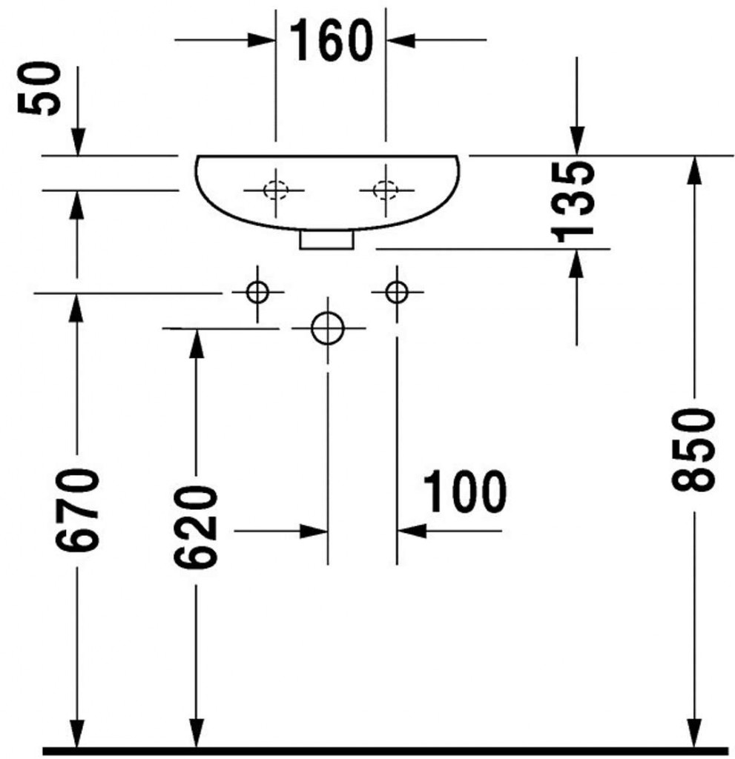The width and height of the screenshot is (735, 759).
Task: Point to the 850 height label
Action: (x=693, y=448)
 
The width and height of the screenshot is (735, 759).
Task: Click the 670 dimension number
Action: (x=77, y=510)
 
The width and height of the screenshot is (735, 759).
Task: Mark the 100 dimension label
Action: (x=464, y=492)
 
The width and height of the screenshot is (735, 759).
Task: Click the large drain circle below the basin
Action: (x=327, y=328)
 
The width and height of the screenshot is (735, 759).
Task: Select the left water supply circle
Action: (x=257, y=292)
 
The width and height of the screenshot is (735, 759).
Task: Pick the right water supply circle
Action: (x=397, y=292)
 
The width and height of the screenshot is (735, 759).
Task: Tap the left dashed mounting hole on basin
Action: (x=276, y=190)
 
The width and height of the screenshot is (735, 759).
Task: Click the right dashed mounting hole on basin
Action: (x=384, y=190)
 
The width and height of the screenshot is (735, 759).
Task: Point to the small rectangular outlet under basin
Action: (x=327, y=239)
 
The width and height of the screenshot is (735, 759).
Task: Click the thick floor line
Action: (x=386, y=750)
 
